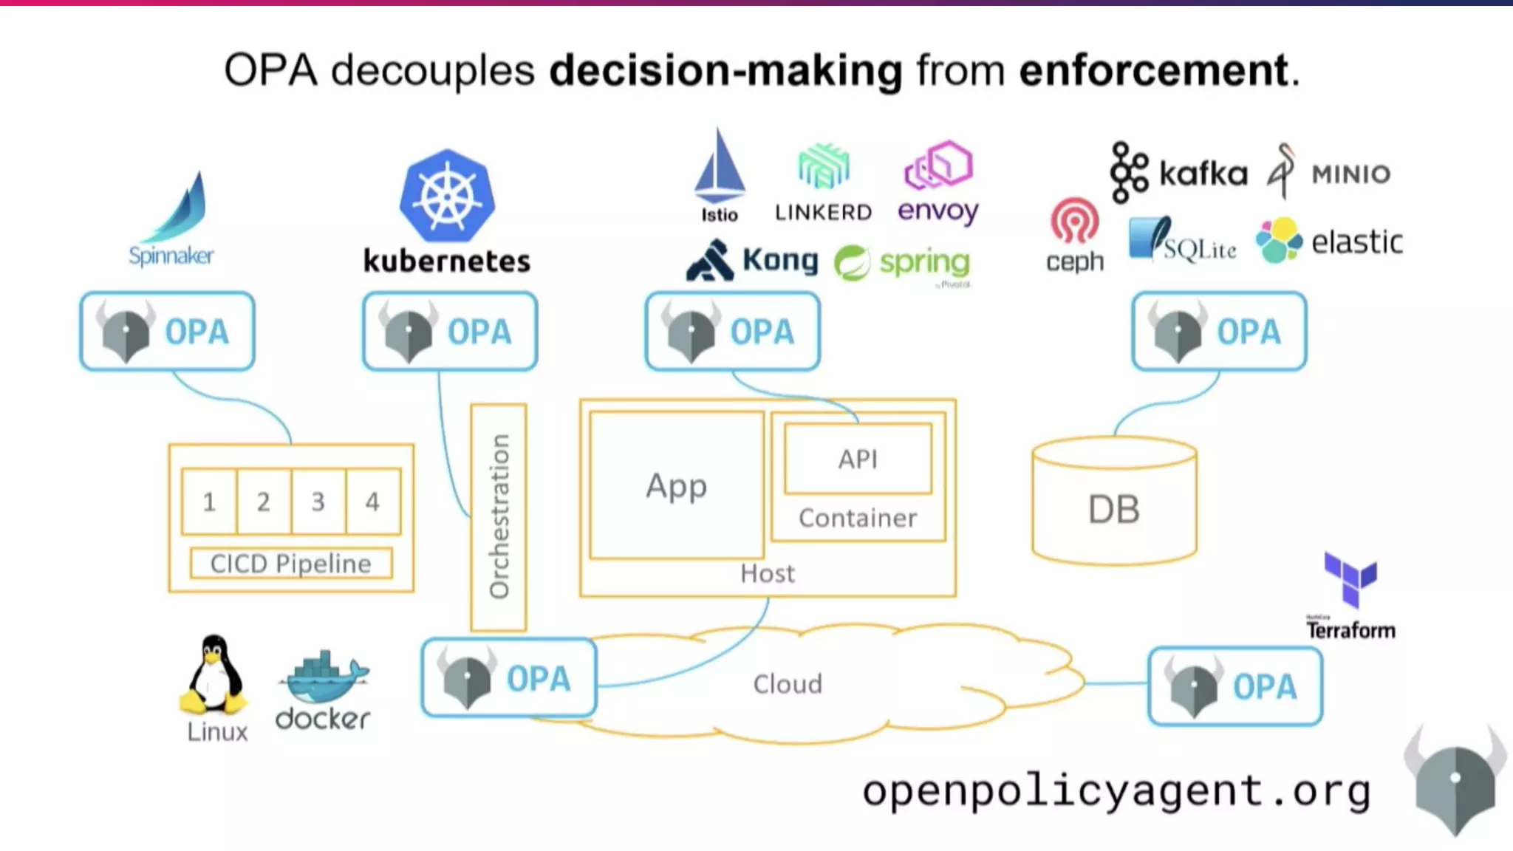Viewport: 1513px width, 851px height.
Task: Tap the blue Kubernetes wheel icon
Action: (447, 196)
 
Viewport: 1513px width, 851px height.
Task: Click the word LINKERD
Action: (823, 213)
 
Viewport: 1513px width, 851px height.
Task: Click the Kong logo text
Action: (779, 260)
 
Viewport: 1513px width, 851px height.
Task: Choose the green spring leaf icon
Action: (852, 264)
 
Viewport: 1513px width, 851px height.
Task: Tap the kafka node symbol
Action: (1128, 172)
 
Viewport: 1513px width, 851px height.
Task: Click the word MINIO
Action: (1350, 174)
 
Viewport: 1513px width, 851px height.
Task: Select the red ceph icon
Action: (1074, 221)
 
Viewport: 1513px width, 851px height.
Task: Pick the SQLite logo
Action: (1182, 240)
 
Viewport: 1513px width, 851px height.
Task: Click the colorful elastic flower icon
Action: (1279, 240)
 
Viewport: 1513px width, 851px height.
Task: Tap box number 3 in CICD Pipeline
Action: (318, 502)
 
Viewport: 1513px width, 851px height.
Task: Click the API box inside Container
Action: (858, 459)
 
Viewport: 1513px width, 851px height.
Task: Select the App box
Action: (676, 485)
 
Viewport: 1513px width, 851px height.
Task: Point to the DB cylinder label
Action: (1113, 509)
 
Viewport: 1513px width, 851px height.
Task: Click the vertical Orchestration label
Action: (499, 516)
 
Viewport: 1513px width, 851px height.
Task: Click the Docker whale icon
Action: (324, 678)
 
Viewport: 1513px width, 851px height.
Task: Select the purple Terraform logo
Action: (1350, 579)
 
